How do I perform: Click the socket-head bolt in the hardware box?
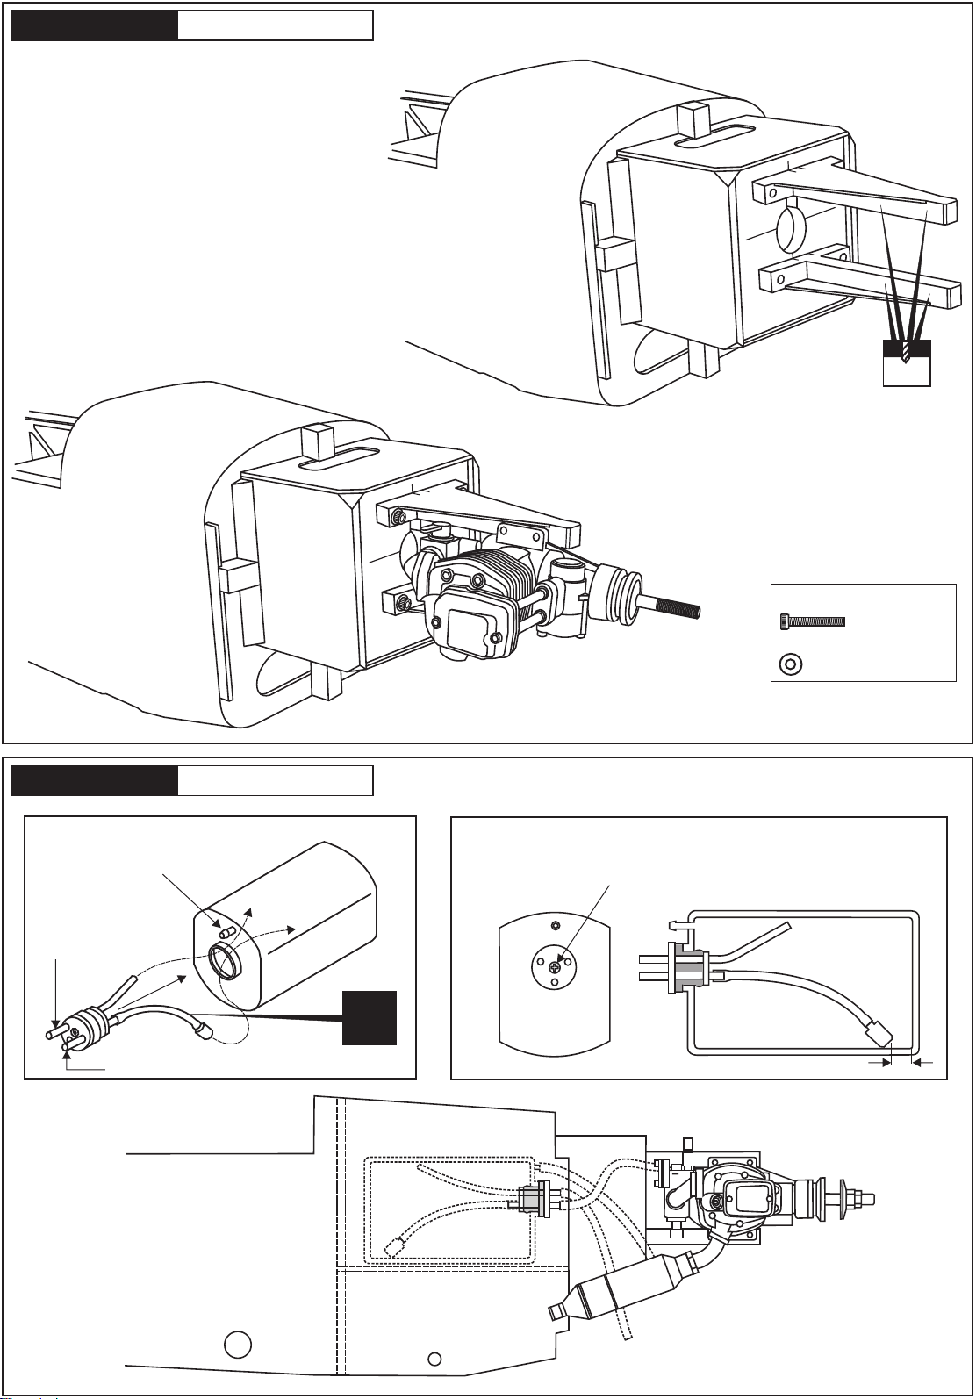(x=812, y=621)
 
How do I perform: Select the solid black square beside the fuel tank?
(x=370, y=1017)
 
